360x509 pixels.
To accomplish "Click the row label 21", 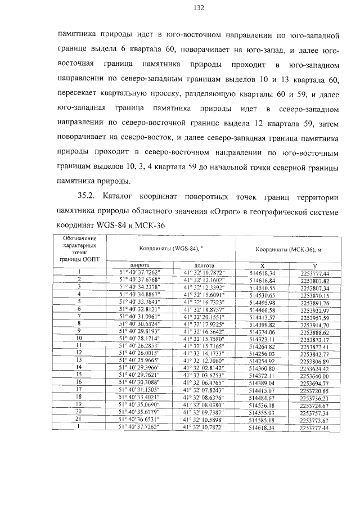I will (x=79, y=435).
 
